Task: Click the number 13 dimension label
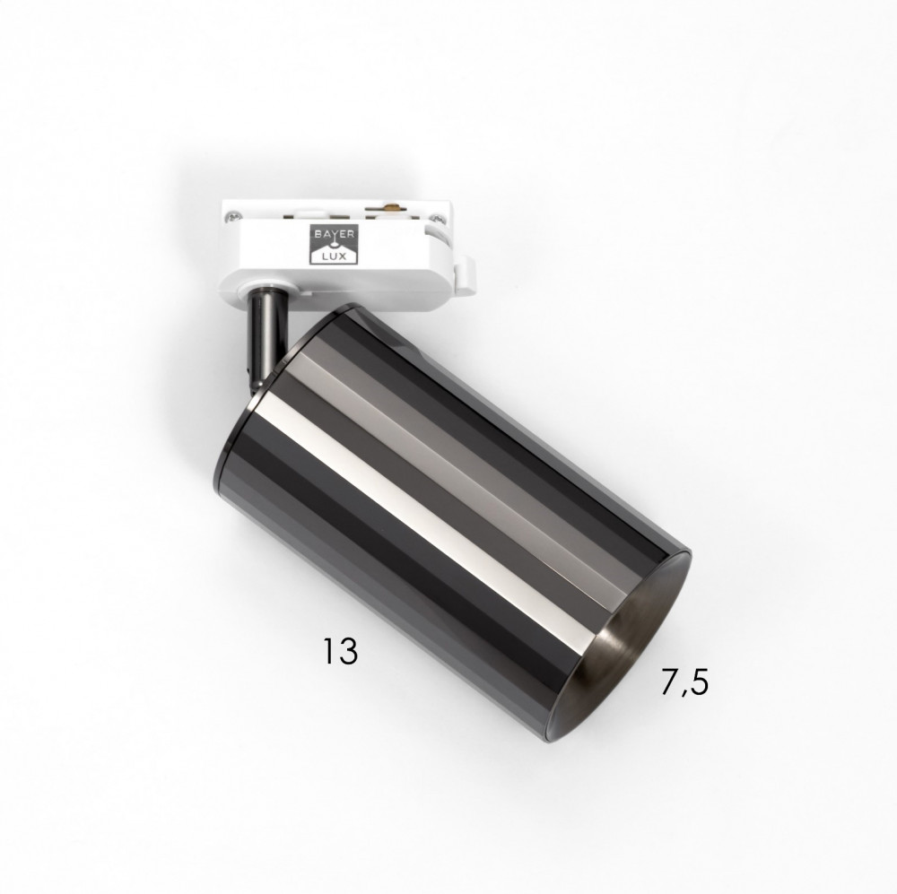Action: [x=341, y=650]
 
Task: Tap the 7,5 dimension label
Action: [x=684, y=682]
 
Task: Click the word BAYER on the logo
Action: [x=334, y=233]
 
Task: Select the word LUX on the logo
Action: [x=334, y=256]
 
